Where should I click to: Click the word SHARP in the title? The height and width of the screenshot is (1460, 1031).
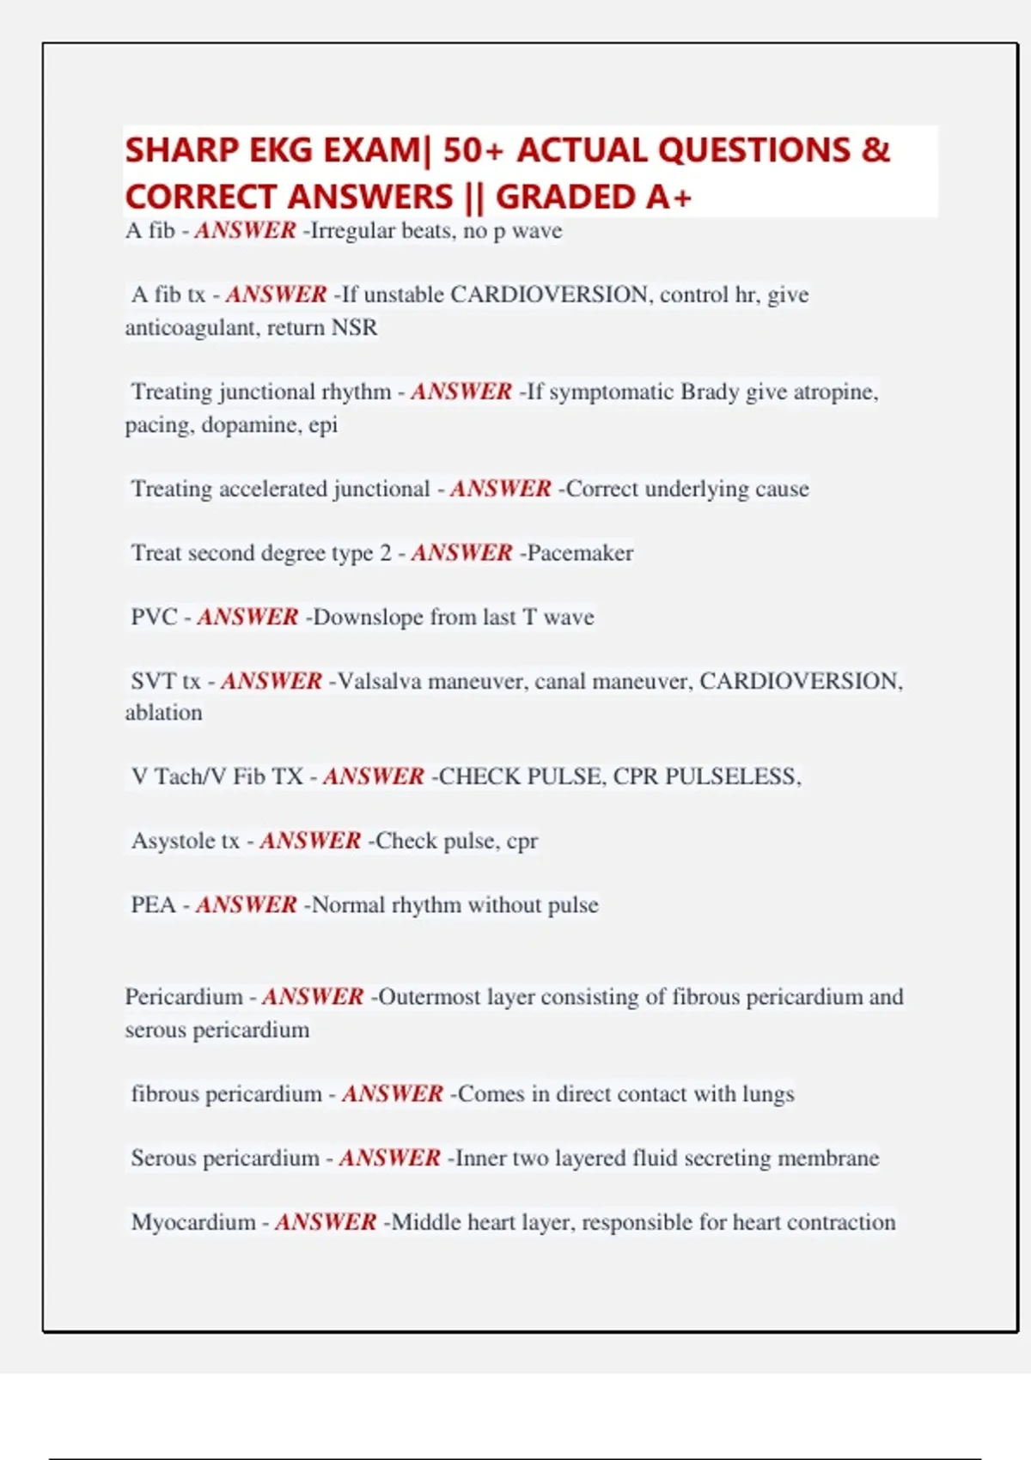pyautogui.click(x=181, y=150)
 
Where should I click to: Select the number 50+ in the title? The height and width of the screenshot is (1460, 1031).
pyautogui.click(x=473, y=150)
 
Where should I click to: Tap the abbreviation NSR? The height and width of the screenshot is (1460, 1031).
pyautogui.click(x=354, y=327)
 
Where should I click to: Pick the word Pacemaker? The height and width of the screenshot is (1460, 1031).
pyautogui.click(x=580, y=552)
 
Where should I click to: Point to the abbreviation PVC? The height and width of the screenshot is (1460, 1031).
pyautogui.click(x=154, y=617)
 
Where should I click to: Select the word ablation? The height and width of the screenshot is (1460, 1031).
pyautogui.click(x=163, y=713)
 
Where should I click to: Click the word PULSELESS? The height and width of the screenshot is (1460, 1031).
pyautogui.click(x=732, y=776)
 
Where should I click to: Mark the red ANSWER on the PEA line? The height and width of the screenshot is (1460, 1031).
pyautogui.click(x=247, y=904)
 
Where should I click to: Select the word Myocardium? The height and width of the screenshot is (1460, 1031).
pyautogui.click(x=193, y=1222)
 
